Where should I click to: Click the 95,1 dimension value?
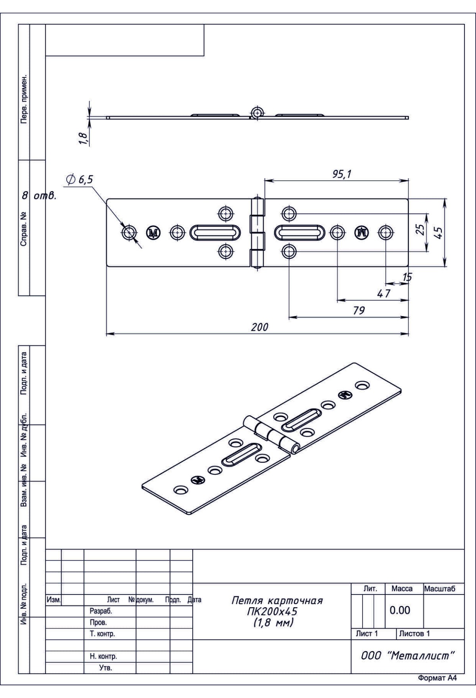click(x=342, y=174)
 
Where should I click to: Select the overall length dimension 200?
click(x=259, y=327)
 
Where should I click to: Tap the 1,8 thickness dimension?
click(x=83, y=139)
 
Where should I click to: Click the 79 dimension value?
click(x=359, y=311)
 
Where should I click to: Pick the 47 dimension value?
click(x=383, y=293)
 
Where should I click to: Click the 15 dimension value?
click(x=407, y=277)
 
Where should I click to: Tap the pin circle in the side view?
click(x=257, y=113)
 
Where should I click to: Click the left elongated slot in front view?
click(x=215, y=233)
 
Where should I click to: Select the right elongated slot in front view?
click(x=299, y=233)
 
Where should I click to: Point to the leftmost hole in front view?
click(x=129, y=233)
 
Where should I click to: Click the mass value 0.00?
click(x=400, y=610)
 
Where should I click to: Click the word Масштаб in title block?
click(x=440, y=589)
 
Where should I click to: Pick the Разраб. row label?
click(x=98, y=611)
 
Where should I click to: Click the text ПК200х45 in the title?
click(x=272, y=611)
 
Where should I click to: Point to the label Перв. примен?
click(x=24, y=98)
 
